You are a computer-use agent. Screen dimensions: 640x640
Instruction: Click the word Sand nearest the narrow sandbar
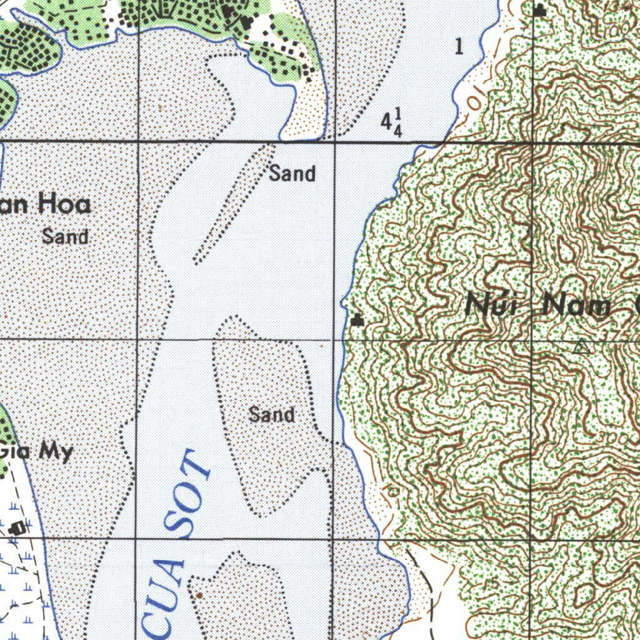(292, 173)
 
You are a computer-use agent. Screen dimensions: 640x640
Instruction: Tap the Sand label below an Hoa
(65, 237)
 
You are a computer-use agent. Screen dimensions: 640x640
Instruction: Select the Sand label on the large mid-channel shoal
(271, 414)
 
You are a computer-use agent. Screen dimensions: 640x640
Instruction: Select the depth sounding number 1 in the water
(459, 46)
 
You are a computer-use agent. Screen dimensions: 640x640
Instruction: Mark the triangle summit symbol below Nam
(582, 346)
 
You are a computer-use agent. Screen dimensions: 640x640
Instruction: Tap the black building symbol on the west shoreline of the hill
(357, 321)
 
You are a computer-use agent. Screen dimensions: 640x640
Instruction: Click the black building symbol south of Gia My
(18, 527)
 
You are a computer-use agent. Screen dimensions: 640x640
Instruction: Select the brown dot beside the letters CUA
(199, 595)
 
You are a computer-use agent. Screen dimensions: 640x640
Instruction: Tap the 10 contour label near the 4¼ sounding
(475, 99)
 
